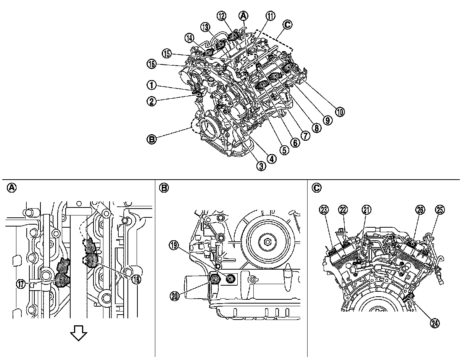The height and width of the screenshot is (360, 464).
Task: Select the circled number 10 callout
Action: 340,111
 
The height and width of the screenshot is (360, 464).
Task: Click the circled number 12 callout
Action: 222,16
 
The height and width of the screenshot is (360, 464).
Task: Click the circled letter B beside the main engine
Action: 152,140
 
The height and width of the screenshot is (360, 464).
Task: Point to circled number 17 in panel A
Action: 21,283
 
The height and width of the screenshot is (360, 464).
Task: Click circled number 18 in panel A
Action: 136,279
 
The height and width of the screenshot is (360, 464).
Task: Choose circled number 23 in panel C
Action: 324,209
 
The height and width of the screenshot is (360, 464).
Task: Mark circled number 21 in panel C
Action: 367,209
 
